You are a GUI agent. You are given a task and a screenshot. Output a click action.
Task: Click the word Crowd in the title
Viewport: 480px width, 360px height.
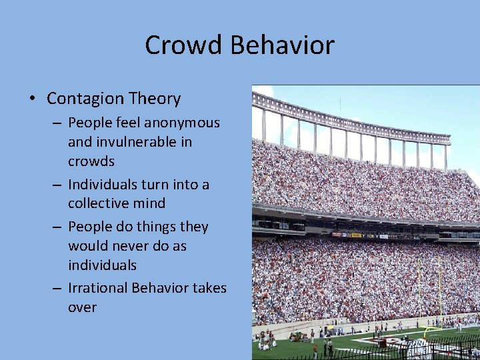[185, 45]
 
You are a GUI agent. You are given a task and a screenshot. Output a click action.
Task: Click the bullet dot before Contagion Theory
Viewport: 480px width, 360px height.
[33, 99]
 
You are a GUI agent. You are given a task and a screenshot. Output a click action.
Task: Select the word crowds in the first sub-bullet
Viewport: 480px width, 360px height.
[91, 161]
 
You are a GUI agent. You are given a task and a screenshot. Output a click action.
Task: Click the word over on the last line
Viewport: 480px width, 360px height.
[82, 307]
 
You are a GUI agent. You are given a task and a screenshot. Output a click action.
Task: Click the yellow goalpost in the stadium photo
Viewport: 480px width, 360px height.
[439, 293]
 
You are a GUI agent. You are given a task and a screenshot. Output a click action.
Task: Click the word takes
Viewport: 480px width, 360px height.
[211, 288]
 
